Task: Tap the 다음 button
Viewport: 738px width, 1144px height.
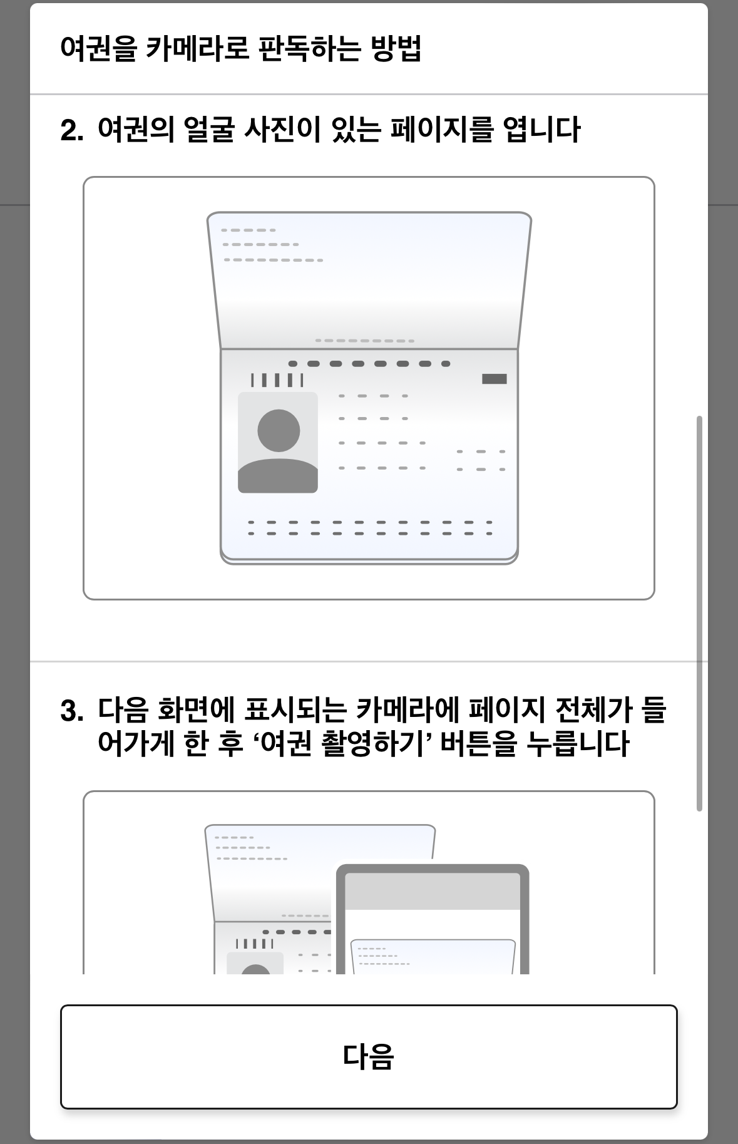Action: (369, 1056)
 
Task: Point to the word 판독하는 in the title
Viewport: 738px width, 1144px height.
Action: (308, 48)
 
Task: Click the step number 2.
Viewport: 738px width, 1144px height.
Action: (72, 131)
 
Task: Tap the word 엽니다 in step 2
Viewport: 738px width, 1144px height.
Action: (541, 130)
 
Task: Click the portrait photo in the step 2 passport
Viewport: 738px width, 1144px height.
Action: (278, 443)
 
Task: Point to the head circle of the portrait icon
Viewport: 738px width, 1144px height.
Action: (279, 430)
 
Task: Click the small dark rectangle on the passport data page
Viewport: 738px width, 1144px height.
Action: (495, 379)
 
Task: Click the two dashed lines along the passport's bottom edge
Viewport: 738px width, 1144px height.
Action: (370, 528)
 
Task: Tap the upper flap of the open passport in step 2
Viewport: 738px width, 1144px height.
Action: (369, 281)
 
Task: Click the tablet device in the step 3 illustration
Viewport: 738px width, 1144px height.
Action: (433, 919)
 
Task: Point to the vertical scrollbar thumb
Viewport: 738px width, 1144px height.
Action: (699, 613)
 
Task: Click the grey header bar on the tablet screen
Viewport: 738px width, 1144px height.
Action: (433, 891)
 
